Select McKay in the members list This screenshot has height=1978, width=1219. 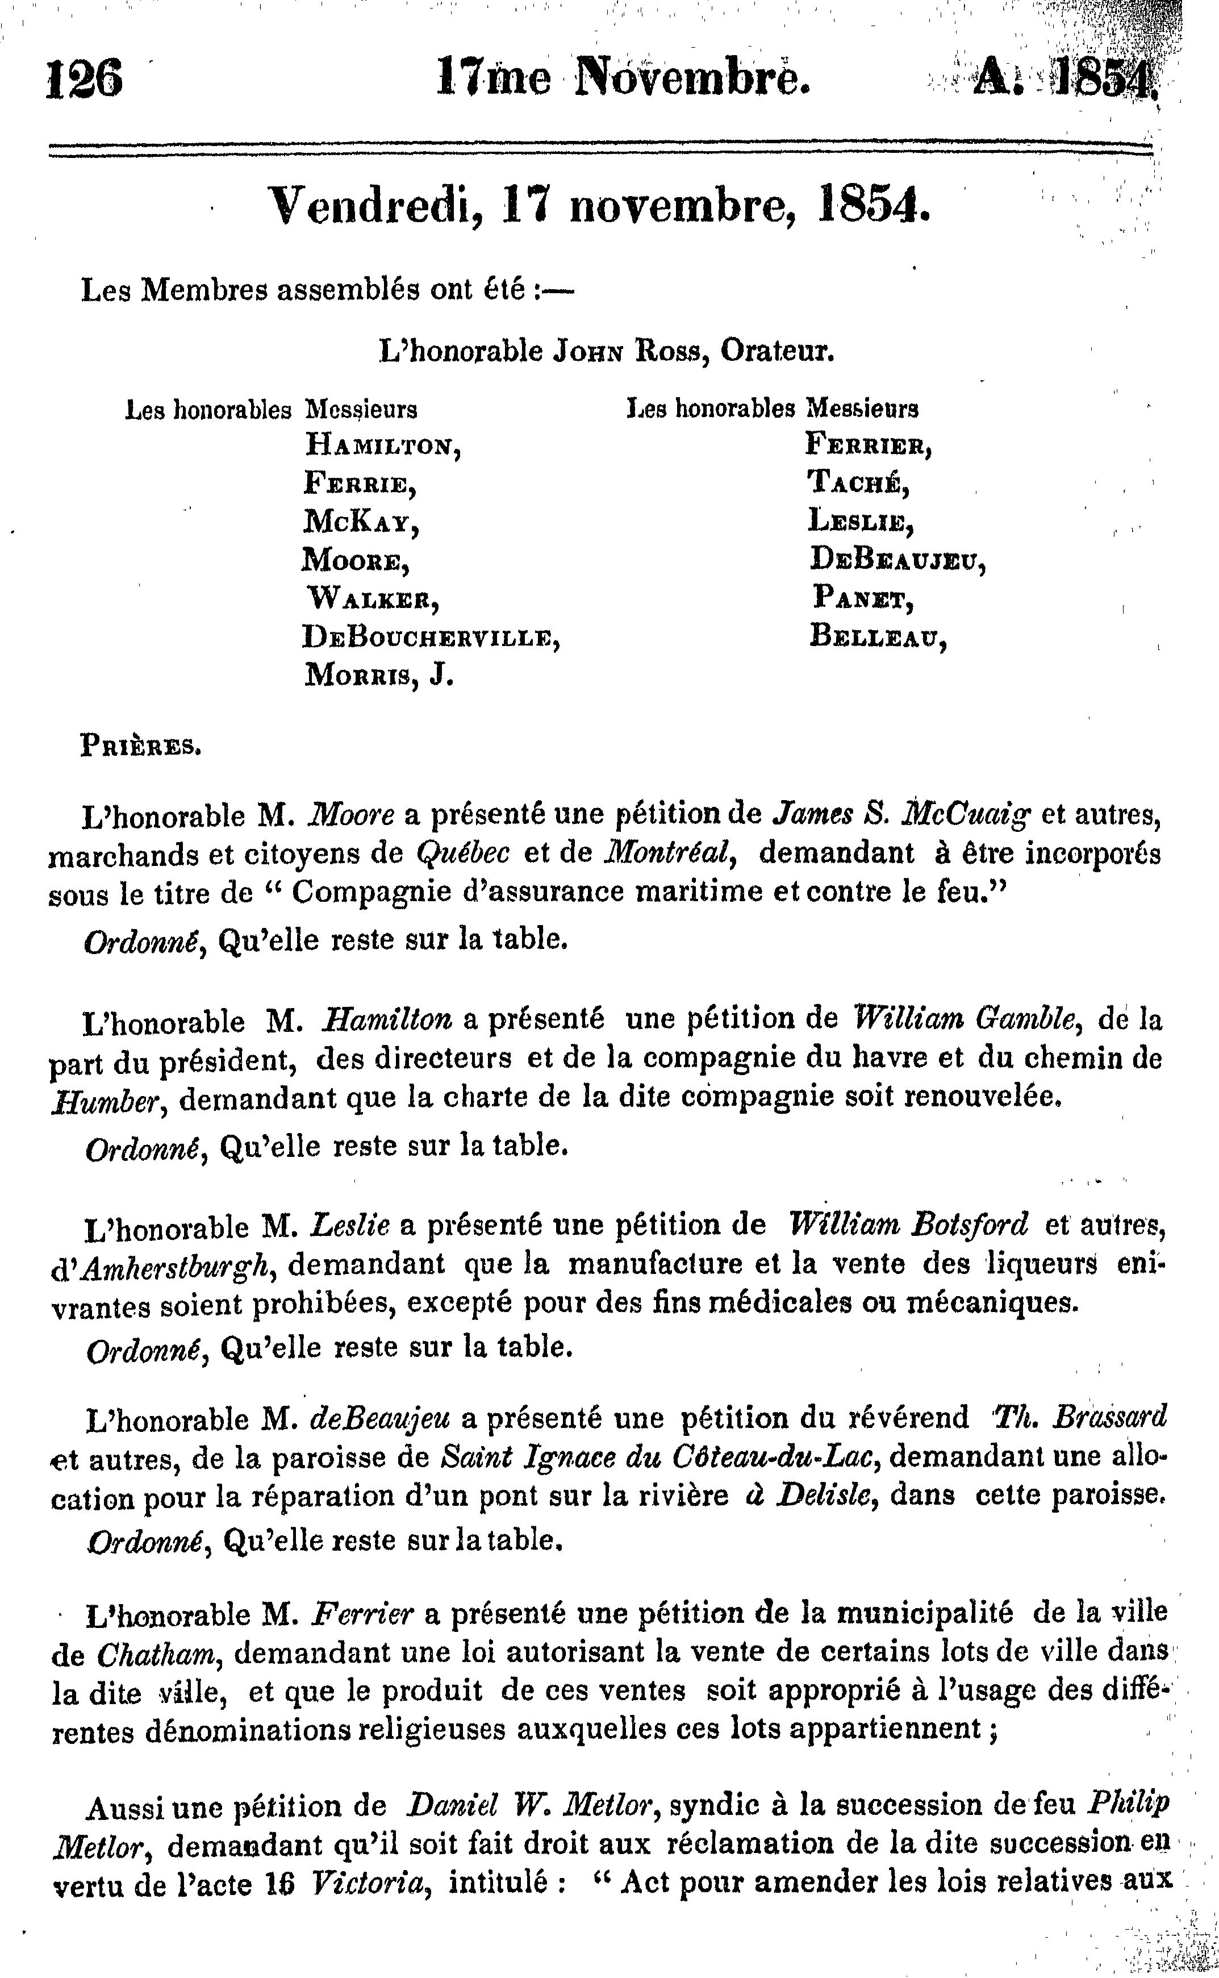pos(361,523)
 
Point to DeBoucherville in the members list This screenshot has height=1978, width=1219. pos(431,638)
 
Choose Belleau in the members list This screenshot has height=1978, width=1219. pos(877,637)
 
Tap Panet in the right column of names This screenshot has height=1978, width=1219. pos(863,598)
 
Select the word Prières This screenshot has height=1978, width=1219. pos(141,746)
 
